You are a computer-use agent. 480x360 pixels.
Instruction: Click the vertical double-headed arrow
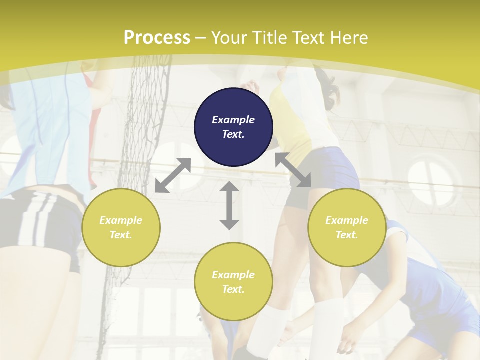click(x=229, y=205)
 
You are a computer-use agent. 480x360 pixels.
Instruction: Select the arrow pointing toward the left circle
click(x=173, y=175)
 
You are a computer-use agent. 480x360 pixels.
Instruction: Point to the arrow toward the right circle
click(x=293, y=170)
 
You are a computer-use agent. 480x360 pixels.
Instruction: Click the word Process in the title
click(x=157, y=37)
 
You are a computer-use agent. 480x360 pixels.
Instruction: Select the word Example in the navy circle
click(x=233, y=120)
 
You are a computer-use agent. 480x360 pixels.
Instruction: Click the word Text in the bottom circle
click(x=232, y=289)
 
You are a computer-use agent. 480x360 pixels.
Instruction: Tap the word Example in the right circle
click(x=347, y=220)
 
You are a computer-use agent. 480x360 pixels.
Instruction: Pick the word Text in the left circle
click(x=120, y=235)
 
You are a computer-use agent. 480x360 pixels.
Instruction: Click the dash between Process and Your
click(x=200, y=38)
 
